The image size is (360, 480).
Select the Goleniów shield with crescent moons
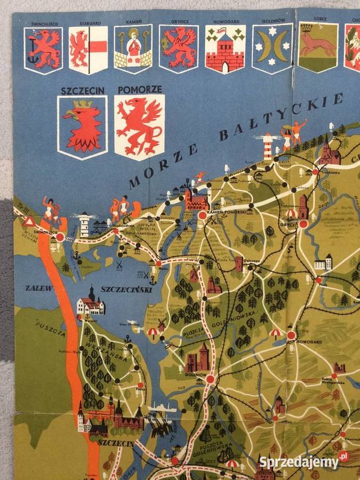pos(273,48)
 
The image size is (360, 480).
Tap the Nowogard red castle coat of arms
pos(225,49)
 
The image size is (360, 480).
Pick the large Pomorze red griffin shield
pos(139,127)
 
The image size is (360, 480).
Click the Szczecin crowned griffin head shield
pos(82,127)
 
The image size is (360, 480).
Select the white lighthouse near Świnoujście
pos(84,225)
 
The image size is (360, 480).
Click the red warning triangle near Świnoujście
pos(29,221)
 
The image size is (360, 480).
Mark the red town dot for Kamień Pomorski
pos(203,215)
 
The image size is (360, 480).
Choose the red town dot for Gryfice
pos(303,225)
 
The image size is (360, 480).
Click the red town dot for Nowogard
pos(291,335)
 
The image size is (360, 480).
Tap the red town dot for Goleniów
pos(210,379)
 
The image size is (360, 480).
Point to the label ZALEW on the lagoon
pos(39,288)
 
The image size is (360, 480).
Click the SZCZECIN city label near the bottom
pos(111,442)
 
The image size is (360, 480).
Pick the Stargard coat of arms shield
pos(88,50)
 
